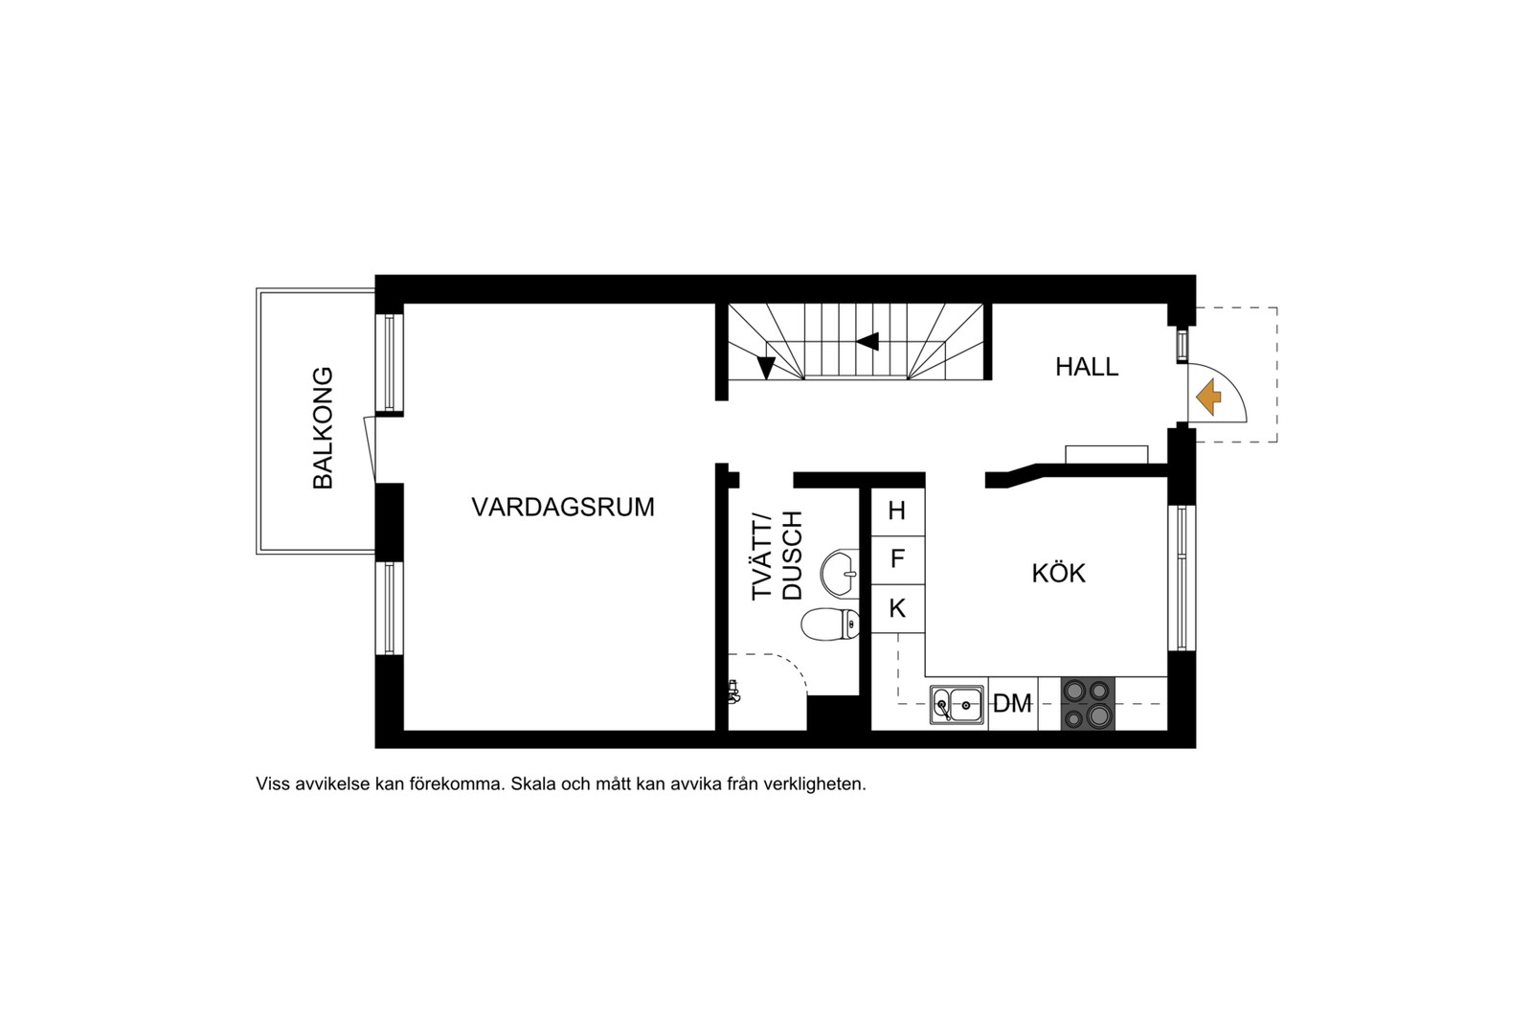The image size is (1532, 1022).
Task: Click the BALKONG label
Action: coord(324,427)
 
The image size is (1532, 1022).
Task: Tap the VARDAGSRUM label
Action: coord(563,507)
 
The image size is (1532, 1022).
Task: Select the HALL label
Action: coord(1087,367)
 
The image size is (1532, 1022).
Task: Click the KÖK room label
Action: coord(1058,574)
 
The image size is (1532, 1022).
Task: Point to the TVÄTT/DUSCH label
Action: coord(777,556)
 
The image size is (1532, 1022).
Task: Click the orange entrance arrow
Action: coord(1208,397)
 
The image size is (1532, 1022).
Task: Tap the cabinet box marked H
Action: coord(897,511)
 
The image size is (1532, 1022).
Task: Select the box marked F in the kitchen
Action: coord(897,559)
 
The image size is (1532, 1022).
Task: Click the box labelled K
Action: coord(897,608)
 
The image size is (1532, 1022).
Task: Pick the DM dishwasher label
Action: coord(1012,704)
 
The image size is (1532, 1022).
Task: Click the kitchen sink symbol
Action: coord(957,705)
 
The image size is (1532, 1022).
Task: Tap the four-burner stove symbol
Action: coord(1088,704)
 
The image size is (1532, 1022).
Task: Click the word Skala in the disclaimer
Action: coord(532,784)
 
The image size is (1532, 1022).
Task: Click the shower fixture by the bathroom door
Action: coord(734,692)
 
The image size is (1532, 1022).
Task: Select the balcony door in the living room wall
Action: coord(370,448)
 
